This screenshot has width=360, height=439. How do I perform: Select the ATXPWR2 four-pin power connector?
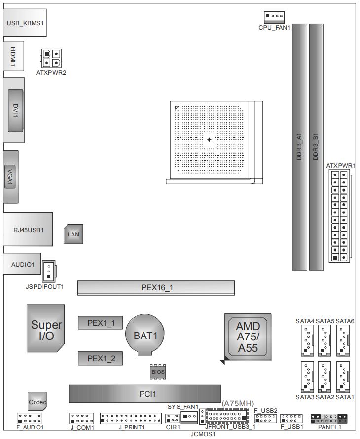coord(51,59)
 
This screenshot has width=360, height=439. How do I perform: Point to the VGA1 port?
coord(10,176)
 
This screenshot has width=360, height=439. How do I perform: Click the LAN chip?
coord(73,235)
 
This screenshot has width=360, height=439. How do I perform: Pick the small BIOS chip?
coord(158,371)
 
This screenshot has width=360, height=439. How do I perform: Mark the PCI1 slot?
coord(144,394)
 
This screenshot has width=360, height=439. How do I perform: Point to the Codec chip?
coord(37,402)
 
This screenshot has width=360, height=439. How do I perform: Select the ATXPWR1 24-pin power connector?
coord(339,216)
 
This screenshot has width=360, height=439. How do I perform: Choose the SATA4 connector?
coord(305,340)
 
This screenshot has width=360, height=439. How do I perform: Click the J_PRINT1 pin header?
coord(131,419)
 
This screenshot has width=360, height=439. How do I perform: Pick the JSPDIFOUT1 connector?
coord(49,270)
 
